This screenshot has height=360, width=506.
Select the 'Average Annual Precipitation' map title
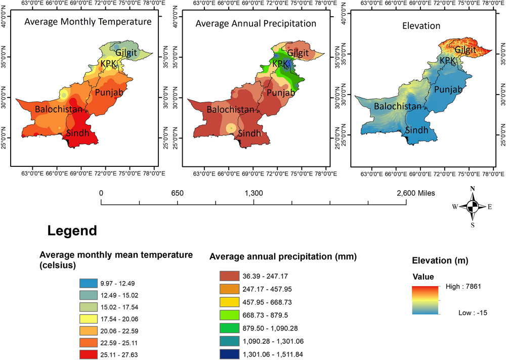point(256,23)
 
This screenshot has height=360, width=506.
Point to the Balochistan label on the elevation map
point(398,106)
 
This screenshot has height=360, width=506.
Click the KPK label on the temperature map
point(108,64)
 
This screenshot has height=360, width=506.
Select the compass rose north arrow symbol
point(472,206)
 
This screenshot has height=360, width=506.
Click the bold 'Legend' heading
point(72,231)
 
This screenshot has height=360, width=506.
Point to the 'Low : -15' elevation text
point(462,313)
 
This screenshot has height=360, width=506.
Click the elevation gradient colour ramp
point(425,300)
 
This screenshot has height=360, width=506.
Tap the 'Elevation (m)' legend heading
point(440,261)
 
